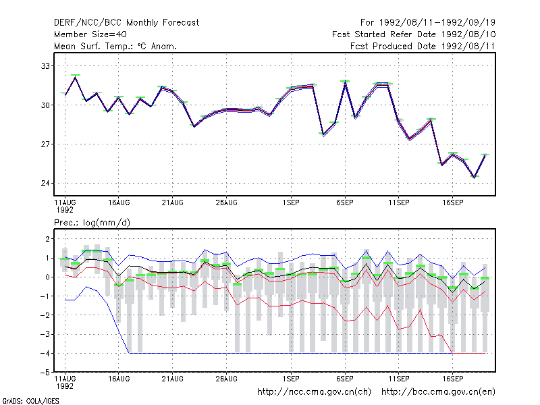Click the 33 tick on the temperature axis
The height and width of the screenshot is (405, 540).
point(45,65)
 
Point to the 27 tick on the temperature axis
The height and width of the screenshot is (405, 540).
point(45,144)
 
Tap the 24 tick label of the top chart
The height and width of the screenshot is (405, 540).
point(45,183)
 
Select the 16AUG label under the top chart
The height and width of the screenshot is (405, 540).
point(119,202)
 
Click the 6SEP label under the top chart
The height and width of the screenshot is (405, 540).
point(345,202)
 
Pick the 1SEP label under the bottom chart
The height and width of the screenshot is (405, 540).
point(291,379)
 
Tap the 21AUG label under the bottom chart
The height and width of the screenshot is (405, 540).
point(173,379)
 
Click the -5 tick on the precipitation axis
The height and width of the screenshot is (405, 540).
point(45,373)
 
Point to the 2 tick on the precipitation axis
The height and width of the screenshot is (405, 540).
point(47,239)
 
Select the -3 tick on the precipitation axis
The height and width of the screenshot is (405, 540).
point(45,334)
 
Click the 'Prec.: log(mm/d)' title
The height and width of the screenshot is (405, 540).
point(92,223)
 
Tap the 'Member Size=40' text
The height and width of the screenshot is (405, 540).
point(90,34)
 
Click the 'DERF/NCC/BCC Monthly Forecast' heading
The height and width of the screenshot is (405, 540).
point(126,23)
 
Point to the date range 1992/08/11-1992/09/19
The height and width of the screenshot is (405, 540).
point(437,23)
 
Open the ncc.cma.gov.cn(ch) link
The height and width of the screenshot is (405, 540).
point(314,392)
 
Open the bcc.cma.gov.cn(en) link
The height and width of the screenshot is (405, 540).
point(438,392)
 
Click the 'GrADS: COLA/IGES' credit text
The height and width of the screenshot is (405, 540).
point(30,401)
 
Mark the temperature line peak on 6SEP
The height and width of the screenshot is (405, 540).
point(345,82)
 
